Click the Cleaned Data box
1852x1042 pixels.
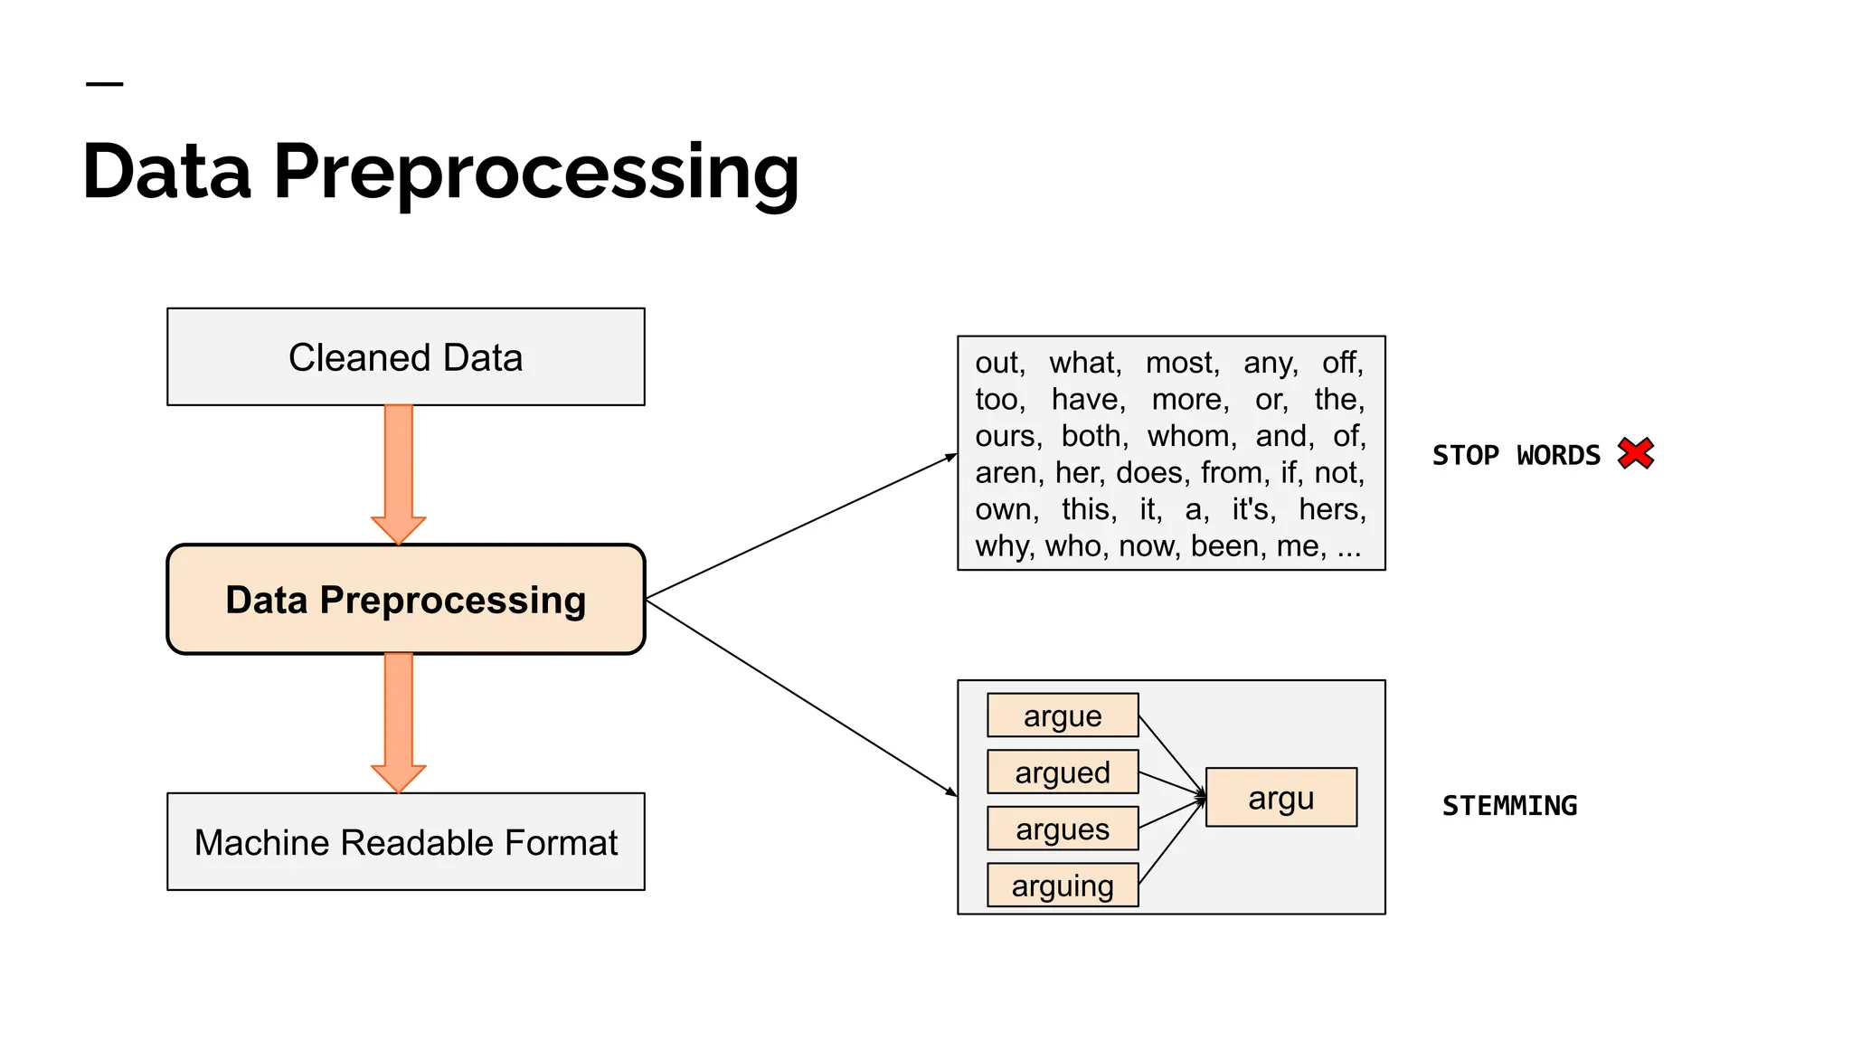click(x=405, y=357)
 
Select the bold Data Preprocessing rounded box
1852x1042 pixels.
click(x=405, y=600)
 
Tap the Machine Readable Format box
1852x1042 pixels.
click(x=405, y=842)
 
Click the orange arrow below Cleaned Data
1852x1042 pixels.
click(x=399, y=470)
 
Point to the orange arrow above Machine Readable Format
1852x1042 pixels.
click(x=399, y=719)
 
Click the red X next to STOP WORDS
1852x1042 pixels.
click(x=1636, y=453)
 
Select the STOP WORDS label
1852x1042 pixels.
click(x=1516, y=455)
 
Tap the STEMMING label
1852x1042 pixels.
click(x=1509, y=805)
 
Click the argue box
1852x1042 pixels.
click(x=1063, y=715)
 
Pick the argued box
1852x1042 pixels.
click(x=1063, y=772)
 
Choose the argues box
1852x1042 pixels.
click(x=1063, y=829)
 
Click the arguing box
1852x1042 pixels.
click(x=1063, y=886)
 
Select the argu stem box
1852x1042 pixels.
click(x=1281, y=798)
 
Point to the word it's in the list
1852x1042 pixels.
click(x=1253, y=509)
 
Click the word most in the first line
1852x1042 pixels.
click(x=1182, y=363)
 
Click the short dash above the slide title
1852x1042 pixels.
click(x=104, y=84)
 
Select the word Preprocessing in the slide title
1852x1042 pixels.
click(x=535, y=172)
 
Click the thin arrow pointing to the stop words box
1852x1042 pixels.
click(x=800, y=526)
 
